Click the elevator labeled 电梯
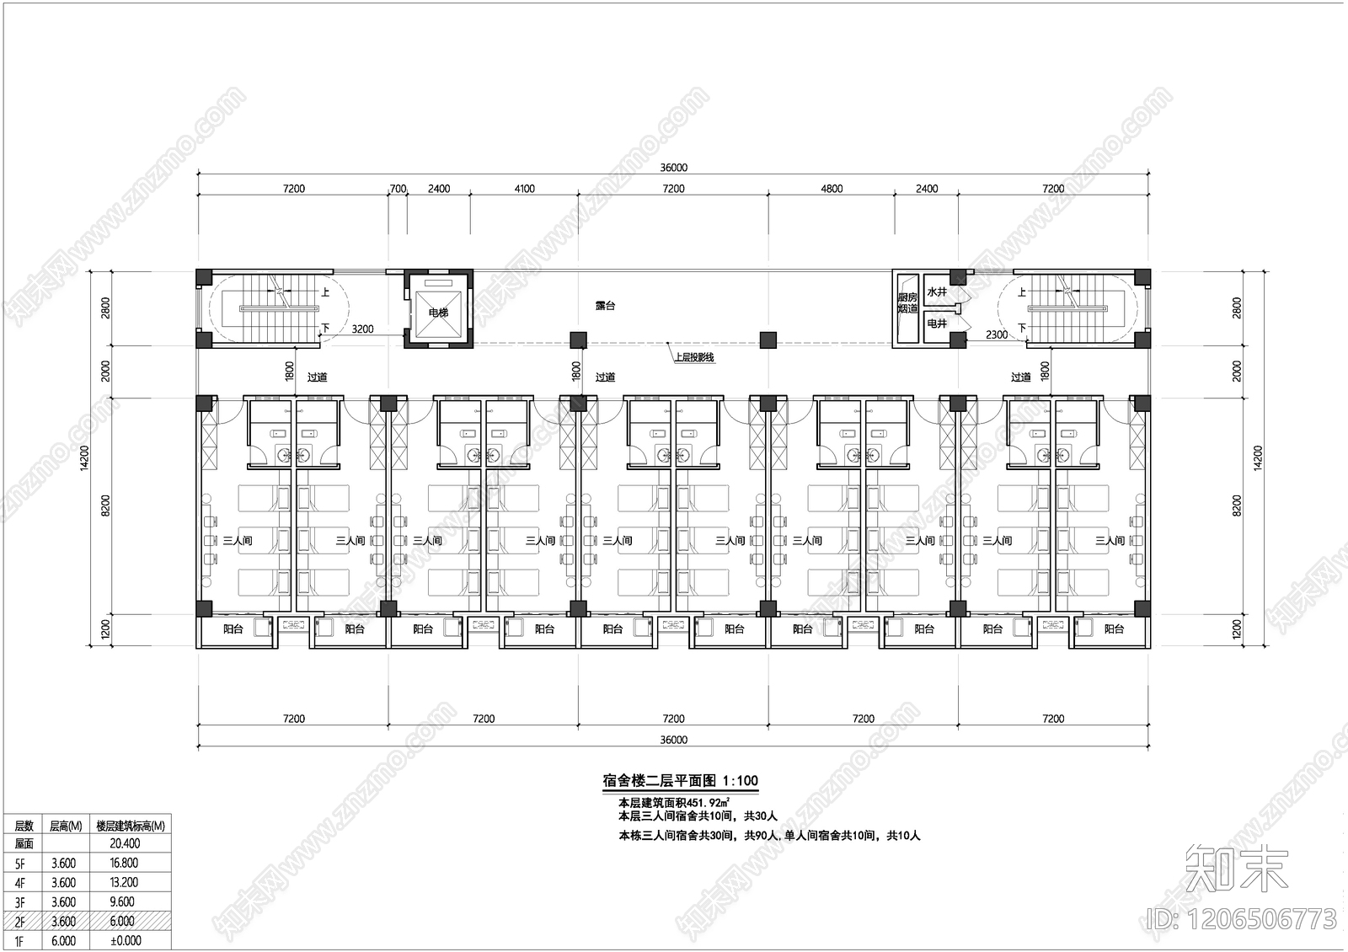coord(438,312)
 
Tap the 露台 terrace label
coord(605,306)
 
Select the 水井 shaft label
coord(937,292)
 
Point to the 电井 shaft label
coord(937,324)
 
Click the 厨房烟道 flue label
coord(907,303)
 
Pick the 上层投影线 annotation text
coord(693,357)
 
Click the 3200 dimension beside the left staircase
coord(362,329)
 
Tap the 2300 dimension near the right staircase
coord(997,335)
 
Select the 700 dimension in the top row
coord(398,189)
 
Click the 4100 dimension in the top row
coord(524,189)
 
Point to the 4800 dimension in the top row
coord(832,189)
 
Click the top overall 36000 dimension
coord(673,168)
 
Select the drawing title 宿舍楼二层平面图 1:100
coord(680,781)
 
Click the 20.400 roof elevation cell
coord(125,843)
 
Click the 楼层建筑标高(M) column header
coord(130,826)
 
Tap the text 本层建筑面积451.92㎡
coord(673,803)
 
